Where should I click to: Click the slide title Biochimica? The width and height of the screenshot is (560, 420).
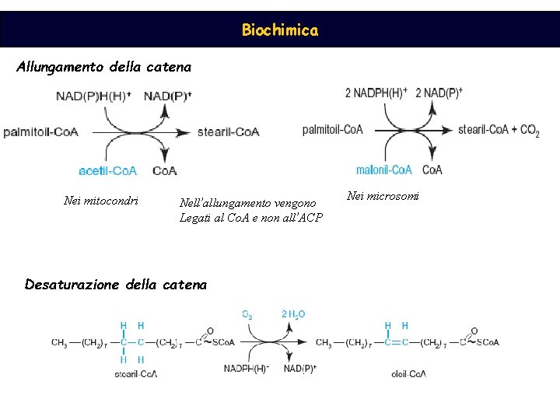pos(279,30)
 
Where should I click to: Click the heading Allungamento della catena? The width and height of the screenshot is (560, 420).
pos(103,67)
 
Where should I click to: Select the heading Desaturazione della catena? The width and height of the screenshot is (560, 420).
pos(116,285)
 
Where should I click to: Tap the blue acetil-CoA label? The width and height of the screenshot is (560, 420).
pos(108,170)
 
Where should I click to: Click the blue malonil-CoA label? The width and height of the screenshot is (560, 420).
pos(384,170)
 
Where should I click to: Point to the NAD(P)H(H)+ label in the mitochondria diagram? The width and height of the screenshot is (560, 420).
pos(94,96)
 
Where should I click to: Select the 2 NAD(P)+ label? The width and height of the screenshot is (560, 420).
pos(439,93)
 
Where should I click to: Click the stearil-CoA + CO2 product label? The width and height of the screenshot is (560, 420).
pos(499,130)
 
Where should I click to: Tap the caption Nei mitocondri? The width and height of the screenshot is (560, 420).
pos(101,201)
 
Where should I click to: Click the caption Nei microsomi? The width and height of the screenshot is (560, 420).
pos(383,196)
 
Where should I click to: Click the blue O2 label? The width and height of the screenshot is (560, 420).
pos(247,315)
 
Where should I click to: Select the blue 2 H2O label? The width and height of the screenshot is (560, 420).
pos(293,315)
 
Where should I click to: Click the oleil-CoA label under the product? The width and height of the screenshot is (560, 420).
pos(408,374)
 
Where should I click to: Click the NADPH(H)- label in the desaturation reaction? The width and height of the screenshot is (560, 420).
pos(246,368)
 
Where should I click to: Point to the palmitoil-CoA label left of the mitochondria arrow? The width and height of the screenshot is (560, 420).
pos(40,132)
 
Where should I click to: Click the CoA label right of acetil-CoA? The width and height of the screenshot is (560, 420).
pos(164,170)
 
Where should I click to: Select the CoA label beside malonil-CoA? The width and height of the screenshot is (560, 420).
pos(432,170)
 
